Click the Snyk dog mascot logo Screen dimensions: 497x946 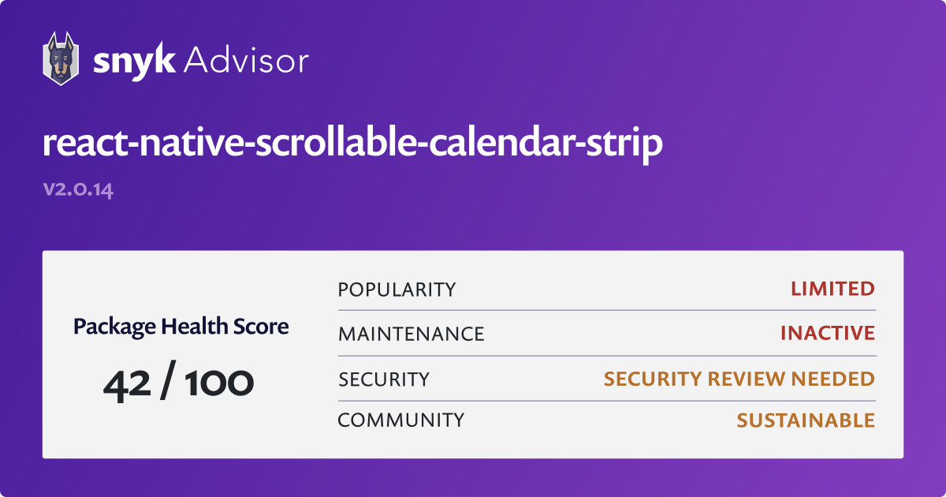(x=60, y=58)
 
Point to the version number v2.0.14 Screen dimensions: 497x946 (x=78, y=190)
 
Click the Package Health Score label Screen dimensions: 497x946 (x=181, y=326)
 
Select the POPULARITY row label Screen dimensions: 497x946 (x=397, y=290)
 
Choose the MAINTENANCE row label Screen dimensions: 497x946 (x=411, y=334)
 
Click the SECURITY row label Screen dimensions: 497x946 (x=384, y=379)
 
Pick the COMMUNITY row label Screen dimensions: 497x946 (x=400, y=420)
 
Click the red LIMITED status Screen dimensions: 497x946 (x=832, y=290)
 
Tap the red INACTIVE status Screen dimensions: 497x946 (x=827, y=334)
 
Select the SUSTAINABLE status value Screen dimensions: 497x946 (x=806, y=420)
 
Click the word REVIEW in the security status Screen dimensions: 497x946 (x=743, y=379)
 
